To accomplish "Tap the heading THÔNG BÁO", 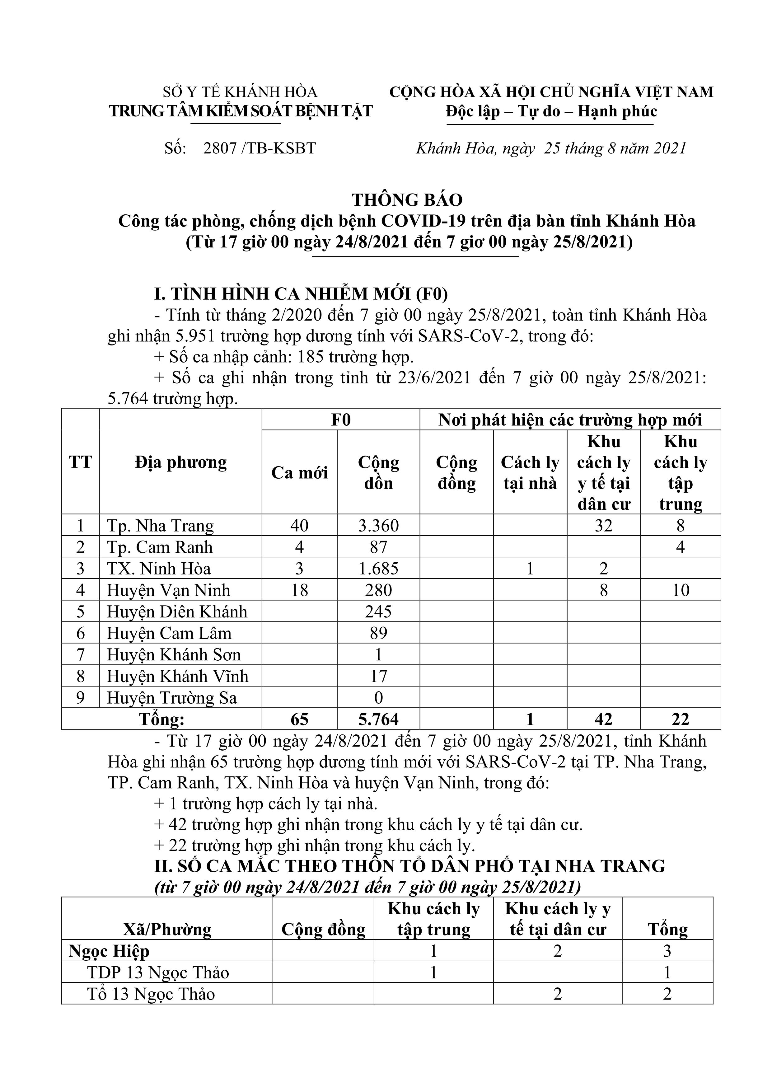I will pos(407,200).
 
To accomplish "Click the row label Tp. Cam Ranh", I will pos(160,547).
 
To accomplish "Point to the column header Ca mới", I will pos(299,472).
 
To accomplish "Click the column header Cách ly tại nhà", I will pos(530,472).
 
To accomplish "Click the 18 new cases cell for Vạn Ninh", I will pos(299,590).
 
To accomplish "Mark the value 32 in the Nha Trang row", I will pos(604,526).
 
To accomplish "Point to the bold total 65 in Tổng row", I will pos(299,719).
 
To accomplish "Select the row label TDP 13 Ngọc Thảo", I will pos(158,972).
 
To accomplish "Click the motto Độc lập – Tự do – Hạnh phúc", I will pos(551,111).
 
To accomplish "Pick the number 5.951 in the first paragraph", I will pos(195,336).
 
